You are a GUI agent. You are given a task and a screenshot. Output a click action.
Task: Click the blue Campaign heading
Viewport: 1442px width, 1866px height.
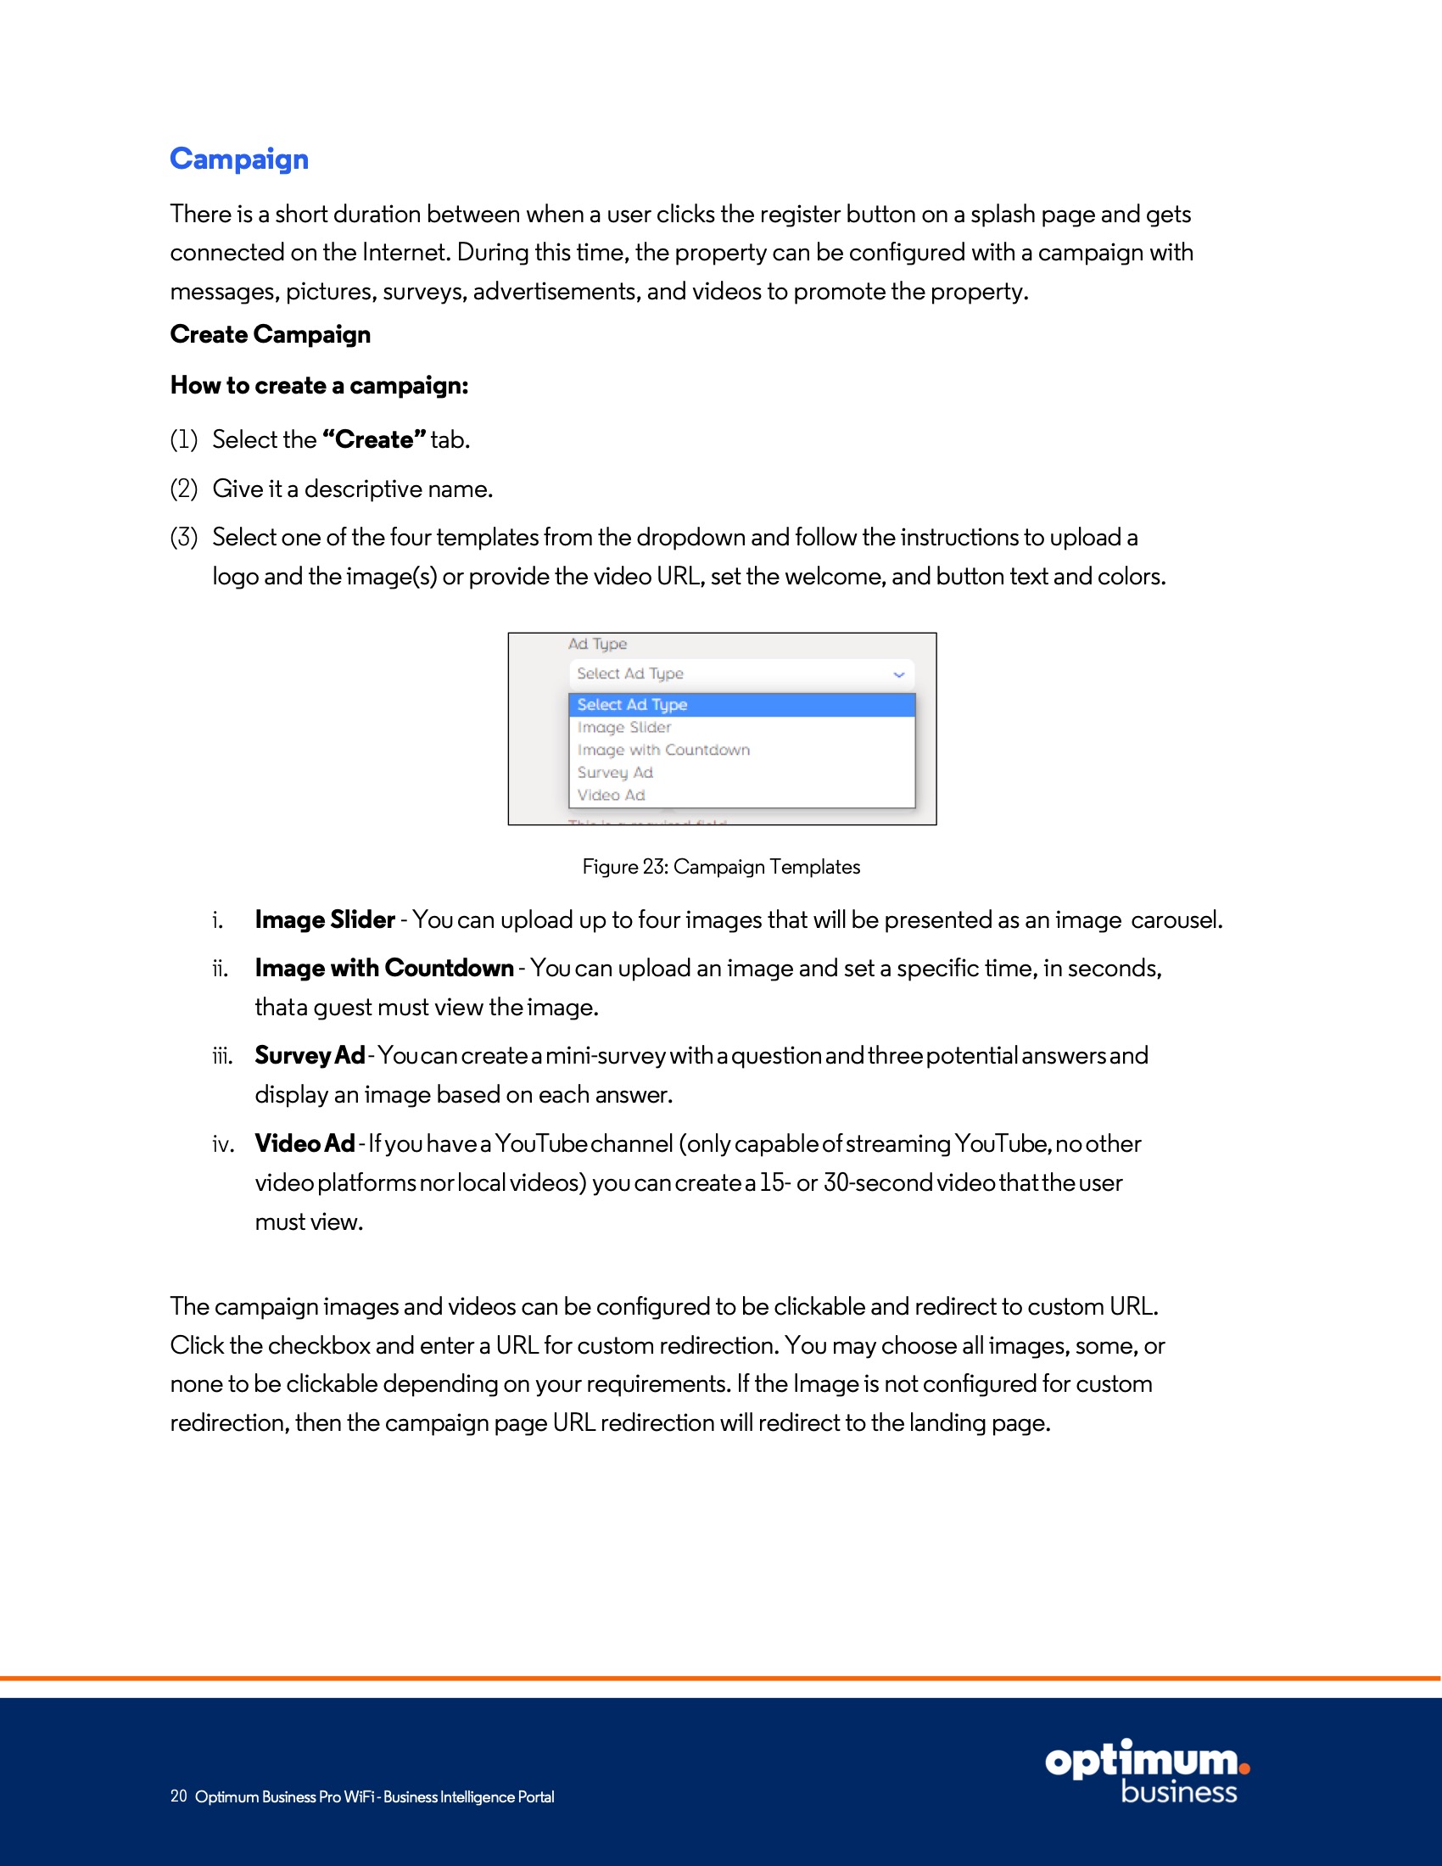point(239,159)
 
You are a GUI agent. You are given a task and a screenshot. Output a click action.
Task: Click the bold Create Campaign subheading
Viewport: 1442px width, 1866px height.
point(270,334)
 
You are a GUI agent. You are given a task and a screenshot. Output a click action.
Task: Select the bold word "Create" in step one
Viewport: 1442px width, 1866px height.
point(373,439)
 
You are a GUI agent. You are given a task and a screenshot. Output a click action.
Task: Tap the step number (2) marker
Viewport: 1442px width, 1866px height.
point(184,489)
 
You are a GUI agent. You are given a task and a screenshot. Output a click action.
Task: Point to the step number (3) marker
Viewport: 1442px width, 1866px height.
point(184,538)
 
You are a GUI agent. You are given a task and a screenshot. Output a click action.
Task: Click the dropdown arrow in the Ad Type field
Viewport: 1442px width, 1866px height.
point(898,674)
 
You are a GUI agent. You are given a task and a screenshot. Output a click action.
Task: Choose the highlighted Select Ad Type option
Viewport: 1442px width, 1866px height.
point(632,705)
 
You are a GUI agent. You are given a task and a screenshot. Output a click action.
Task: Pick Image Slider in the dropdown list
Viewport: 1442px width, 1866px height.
point(624,727)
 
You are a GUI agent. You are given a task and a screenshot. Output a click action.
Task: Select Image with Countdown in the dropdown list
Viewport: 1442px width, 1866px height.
point(664,750)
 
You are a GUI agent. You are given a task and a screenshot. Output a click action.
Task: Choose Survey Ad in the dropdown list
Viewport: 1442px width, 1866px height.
point(615,773)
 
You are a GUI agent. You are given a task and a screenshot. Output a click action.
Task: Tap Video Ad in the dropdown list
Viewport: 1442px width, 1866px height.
point(612,796)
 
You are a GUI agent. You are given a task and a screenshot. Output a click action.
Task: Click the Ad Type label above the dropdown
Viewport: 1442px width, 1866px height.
point(597,645)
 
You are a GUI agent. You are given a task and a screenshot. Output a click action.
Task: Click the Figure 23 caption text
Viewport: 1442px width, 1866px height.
point(721,867)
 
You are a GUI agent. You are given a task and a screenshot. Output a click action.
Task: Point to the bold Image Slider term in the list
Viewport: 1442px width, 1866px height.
point(325,920)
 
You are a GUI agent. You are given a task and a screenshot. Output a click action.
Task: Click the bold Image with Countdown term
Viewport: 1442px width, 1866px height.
point(384,968)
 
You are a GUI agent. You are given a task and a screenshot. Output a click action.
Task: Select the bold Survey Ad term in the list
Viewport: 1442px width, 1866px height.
point(310,1056)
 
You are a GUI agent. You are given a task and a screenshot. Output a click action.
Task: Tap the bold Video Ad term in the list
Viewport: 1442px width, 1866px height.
point(305,1144)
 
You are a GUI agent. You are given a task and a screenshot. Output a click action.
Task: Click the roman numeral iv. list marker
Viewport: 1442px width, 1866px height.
point(223,1145)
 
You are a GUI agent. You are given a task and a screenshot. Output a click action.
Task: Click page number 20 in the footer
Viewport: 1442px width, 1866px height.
point(178,1796)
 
